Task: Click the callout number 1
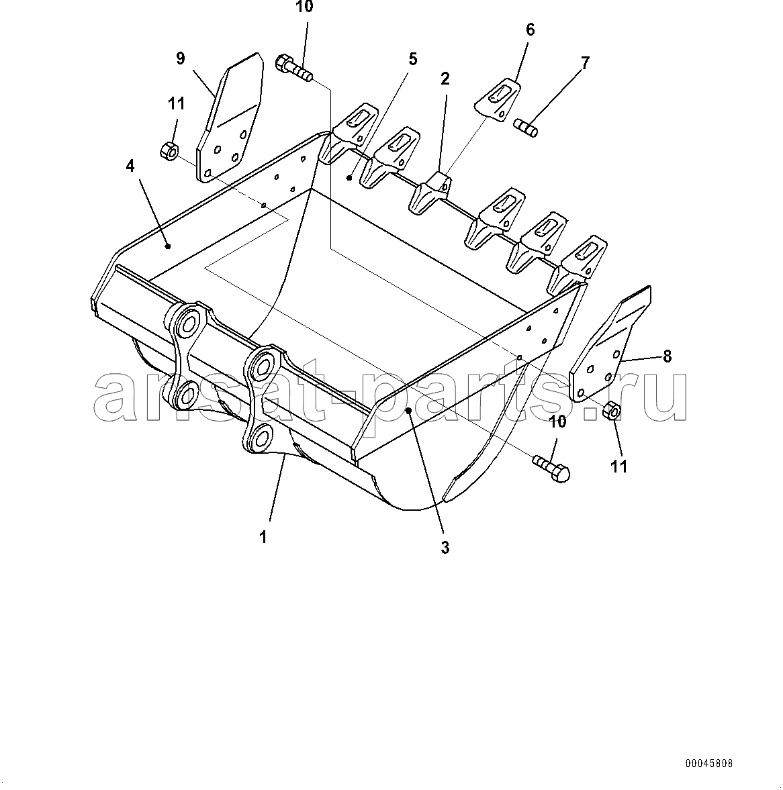click(263, 537)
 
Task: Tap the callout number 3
click(445, 547)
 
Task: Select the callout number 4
click(130, 166)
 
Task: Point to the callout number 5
click(412, 60)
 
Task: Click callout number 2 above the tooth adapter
click(445, 79)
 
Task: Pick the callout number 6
click(530, 30)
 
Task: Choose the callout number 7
click(584, 64)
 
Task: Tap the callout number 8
click(667, 356)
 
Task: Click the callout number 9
click(181, 58)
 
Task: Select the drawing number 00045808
click(708, 764)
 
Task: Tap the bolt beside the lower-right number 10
click(551, 467)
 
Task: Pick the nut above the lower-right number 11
click(612, 411)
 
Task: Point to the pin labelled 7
click(526, 128)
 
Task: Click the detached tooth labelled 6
click(497, 99)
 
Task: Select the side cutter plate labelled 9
click(230, 117)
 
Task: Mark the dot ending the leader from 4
click(168, 246)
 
